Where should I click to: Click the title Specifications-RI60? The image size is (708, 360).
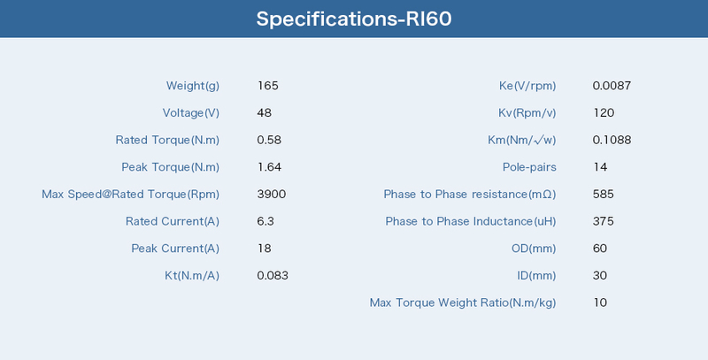tap(354, 19)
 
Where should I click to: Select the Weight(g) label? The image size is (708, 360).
tap(193, 86)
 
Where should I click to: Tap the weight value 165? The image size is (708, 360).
tap(268, 86)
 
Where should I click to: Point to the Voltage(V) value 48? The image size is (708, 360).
tap(264, 113)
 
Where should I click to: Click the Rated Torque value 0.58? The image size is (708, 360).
tap(269, 140)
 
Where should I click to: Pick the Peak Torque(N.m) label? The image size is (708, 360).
tap(170, 167)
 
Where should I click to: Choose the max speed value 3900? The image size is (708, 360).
tap(272, 194)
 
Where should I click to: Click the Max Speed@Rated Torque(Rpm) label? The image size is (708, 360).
tap(130, 195)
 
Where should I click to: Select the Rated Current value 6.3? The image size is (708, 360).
tap(265, 221)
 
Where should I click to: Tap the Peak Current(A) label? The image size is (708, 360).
tap(175, 249)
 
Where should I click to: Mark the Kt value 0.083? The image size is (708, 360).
tap(273, 275)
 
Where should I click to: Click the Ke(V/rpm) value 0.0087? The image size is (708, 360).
tap(612, 86)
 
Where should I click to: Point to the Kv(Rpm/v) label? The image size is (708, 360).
tap(527, 113)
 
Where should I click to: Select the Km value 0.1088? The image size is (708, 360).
tap(612, 140)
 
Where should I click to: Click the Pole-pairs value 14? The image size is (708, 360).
tap(601, 167)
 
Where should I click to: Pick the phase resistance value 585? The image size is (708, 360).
tap(604, 194)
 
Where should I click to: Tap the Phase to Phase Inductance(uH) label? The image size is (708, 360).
tap(471, 221)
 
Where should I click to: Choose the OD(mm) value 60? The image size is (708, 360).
tap(600, 249)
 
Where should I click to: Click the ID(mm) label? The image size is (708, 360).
tap(536, 276)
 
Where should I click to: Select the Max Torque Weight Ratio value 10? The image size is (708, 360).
tap(600, 303)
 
